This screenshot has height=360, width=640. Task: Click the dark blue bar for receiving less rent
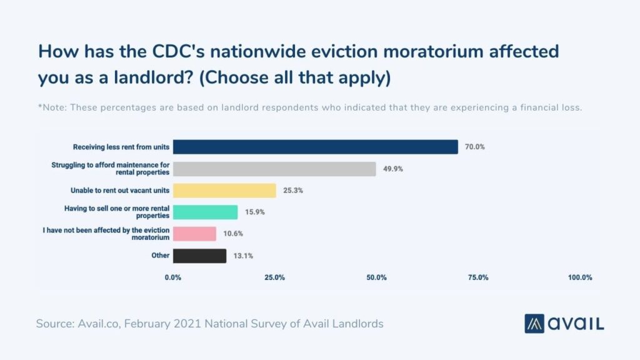(315, 147)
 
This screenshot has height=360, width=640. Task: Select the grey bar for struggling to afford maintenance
(274, 169)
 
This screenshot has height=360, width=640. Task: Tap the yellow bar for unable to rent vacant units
(224, 190)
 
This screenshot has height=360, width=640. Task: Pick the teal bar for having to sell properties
(205, 212)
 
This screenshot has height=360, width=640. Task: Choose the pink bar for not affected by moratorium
(194, 234)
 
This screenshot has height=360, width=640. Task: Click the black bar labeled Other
(199, 256)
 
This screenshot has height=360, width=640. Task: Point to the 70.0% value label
(474, 147)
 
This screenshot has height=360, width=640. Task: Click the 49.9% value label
(392, 169)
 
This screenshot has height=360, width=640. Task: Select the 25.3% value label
(292, 190)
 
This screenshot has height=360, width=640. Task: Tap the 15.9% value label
(254, 212)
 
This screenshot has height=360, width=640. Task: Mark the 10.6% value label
(232, 234)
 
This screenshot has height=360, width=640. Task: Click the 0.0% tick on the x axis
(173, 277)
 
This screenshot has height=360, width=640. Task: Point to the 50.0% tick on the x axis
(376, 277)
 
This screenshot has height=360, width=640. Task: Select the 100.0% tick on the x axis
(579, 277)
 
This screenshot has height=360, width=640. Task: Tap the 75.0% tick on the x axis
(478, 277)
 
